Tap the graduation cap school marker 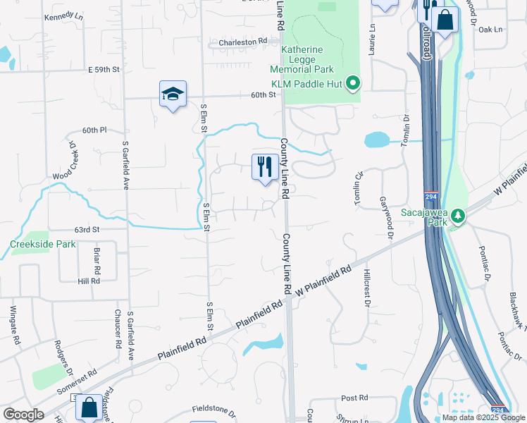[x=173, y=94]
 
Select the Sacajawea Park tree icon [x=459, y=215]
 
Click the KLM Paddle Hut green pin [x=354, y=84]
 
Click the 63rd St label [x=87, y=229]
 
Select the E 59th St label [x=104, y=70]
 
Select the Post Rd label [x=354, y=398]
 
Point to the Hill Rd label [x=89, y=280]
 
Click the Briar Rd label [x=97, y=260]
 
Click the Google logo [x=23, y=415]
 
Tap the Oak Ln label [x=491, y=30]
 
